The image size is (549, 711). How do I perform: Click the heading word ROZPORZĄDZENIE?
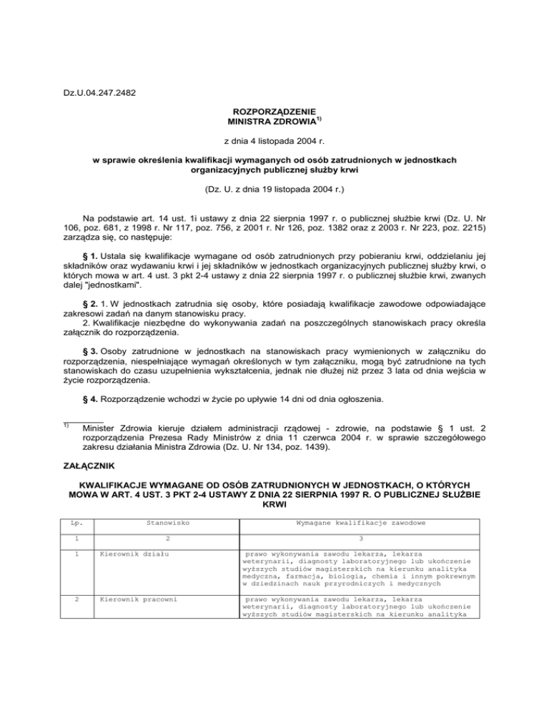pyautogui.click(x=274, y=113)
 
